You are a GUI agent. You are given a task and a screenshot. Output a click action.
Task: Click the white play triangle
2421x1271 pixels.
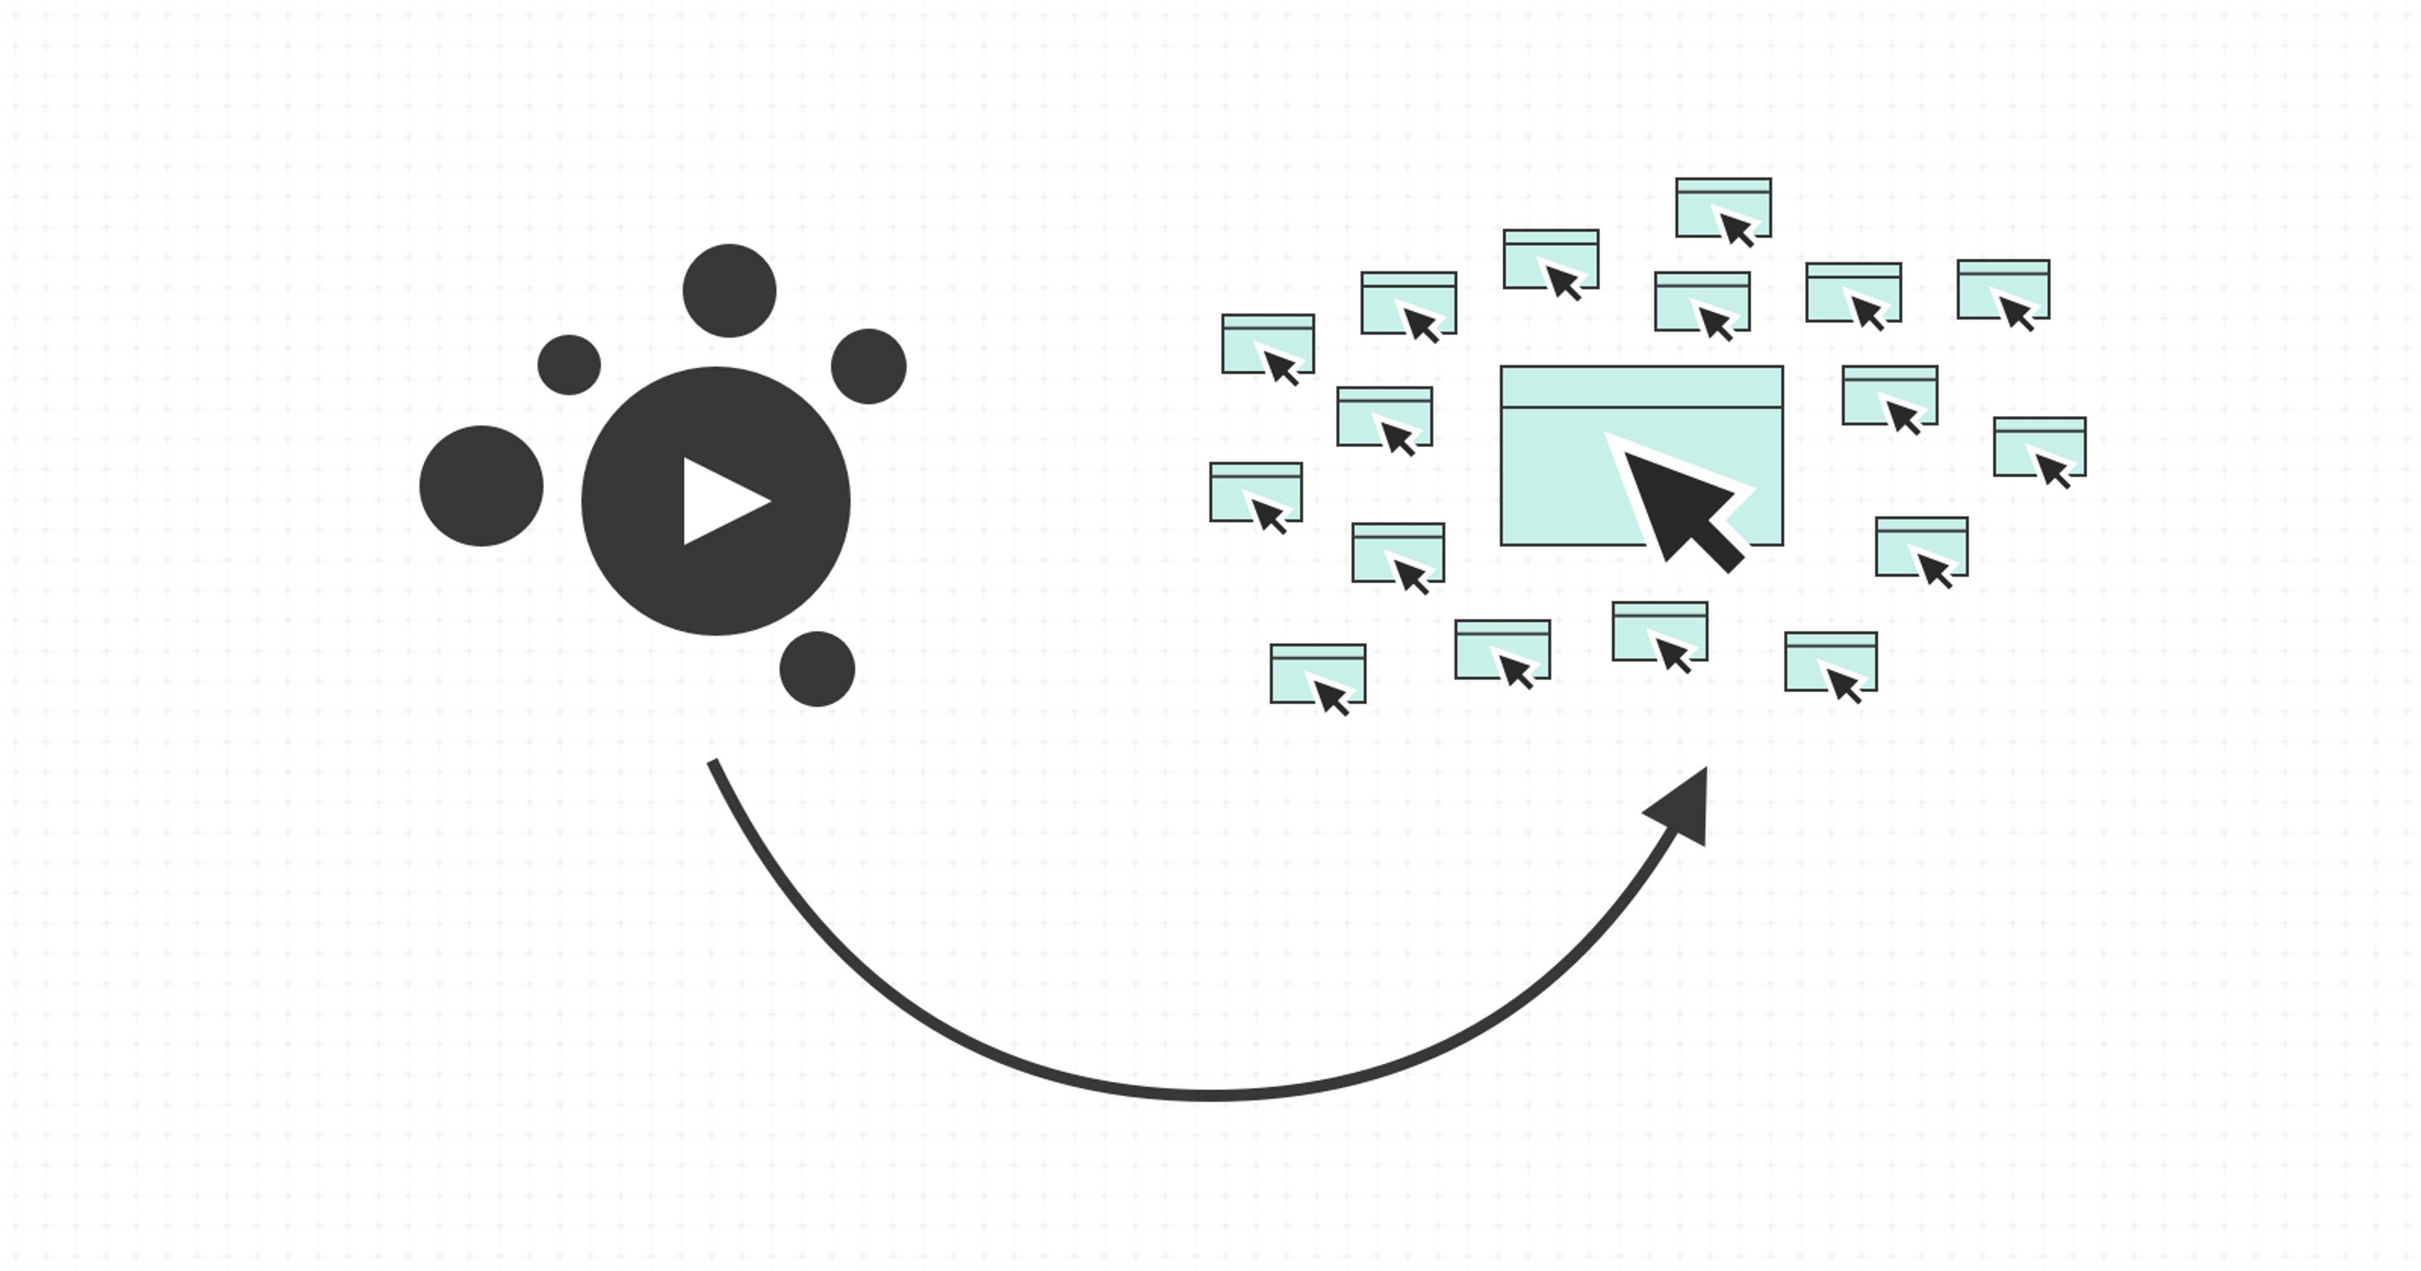[719, 501]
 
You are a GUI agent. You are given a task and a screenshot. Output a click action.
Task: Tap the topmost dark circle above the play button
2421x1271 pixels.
[729, 291]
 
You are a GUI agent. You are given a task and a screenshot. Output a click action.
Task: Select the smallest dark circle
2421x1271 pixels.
[569, 365]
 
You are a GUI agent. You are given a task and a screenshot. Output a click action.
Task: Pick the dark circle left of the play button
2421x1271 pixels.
[481, 486]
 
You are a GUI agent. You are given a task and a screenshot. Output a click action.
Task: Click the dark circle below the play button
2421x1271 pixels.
[816, 668]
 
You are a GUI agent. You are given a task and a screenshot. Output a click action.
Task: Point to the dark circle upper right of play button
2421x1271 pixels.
[868, 367]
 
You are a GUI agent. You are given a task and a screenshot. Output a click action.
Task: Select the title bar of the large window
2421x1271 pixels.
[1641, 387]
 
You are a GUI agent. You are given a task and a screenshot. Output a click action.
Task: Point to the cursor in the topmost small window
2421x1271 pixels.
[1735, 228]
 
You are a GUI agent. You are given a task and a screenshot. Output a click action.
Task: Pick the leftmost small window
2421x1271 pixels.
[1256, 492]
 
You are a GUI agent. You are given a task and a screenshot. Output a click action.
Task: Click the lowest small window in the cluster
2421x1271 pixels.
[1318, 673]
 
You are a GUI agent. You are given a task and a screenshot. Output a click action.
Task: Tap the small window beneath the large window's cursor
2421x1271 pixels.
[1660, 631]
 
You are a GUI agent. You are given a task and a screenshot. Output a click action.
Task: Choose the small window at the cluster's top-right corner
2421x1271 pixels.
[2003, 289]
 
